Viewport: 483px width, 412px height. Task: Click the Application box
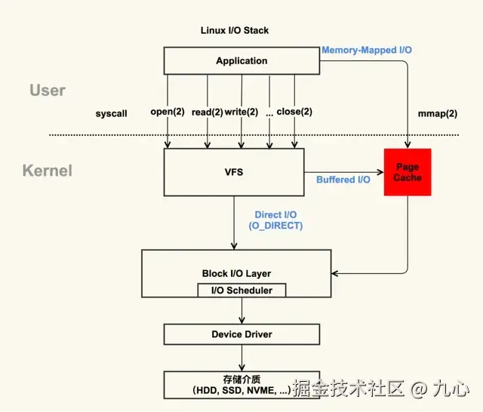click(x=241, y=60)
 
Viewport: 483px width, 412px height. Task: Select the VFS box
click(x=234, y=172)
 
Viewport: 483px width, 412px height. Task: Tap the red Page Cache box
click(x=408, y=172)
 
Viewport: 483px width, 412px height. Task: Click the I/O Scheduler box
click(x=241, y=291)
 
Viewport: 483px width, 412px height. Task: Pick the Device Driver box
click(x=241, y=334)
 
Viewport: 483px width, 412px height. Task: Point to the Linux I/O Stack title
click(x=235, y=30)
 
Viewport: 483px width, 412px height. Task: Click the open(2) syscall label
click(x=168, y=112)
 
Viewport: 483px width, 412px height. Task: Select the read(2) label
click(x=208, y=112)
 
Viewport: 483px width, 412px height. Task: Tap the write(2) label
click(x=241, y=112)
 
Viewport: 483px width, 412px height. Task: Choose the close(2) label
click(x=294, y=112)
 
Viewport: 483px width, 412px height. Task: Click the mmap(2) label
click(x=438, y=114)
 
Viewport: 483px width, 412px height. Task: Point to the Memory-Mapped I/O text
click(x=367, y=50)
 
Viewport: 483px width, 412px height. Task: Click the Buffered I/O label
click(x=343, y=180)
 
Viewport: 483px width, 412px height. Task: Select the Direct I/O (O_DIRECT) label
click(x=275, y=220)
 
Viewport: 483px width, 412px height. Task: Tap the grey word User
click(x=48, y=91)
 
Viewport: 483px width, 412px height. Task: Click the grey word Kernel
click(x=48, y=171)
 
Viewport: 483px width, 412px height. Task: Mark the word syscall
click(x=111, y=114)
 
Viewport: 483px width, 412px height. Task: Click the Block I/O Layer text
click(x=236, y=273)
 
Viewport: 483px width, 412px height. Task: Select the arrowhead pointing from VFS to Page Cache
click(x=380, y=172)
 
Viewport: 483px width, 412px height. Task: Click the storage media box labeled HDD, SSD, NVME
click(x=241, y=385)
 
